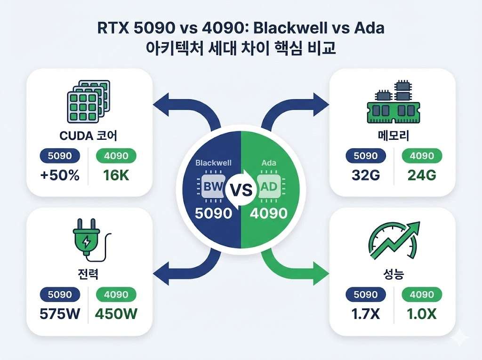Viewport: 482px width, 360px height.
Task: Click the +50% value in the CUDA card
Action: click(60, 175)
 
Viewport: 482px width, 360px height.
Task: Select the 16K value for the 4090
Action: click(116, 175)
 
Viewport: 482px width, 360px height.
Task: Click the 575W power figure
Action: click(60, 313)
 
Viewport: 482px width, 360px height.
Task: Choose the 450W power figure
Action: click(117, 313)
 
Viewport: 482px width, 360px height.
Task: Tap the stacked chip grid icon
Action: click(87, 101)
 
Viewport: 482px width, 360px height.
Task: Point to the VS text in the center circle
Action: click(241, 190)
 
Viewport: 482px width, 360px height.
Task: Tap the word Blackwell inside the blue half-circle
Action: click(214, 163)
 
